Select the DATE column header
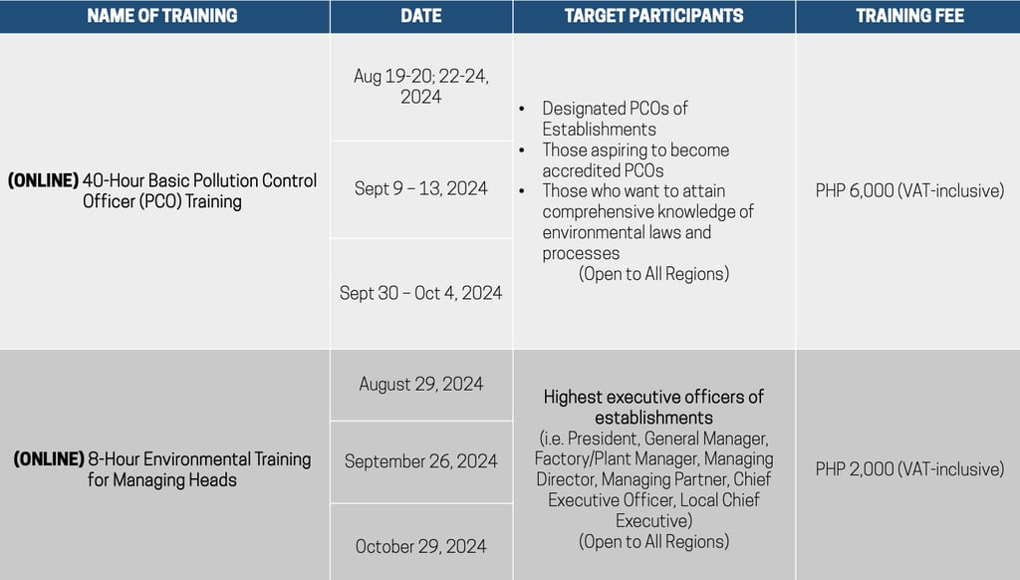click(420, 16)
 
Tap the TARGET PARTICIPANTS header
click(653, 16)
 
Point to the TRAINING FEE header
click(909, 16)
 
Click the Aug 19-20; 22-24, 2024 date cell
click(420, 87)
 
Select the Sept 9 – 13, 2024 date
click(420, 189)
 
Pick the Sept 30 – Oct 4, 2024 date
click(420, 293)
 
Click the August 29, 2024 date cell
click(420, 384)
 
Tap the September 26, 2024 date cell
click(420, 461)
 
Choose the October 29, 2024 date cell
click(420, 546)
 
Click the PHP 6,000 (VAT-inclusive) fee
click(909, 190)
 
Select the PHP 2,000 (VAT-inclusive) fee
click(909, 468)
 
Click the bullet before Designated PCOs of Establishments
click(522, 109)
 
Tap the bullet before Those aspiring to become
click(522, 150)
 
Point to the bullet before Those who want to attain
click(522, 191)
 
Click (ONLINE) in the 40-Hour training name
click(43, 180)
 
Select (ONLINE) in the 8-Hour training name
click(48, 459)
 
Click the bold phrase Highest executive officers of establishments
click(653, 407)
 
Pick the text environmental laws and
click(627, 232)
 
